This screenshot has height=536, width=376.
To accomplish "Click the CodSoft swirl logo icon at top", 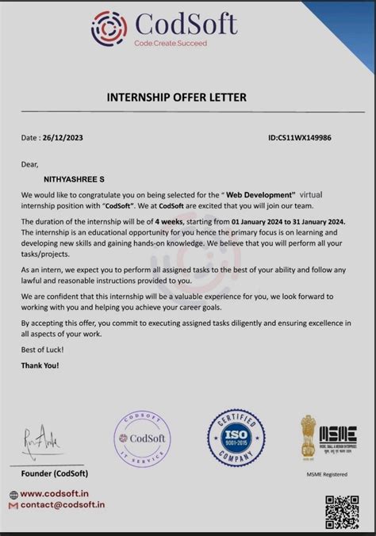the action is tap(109, 28).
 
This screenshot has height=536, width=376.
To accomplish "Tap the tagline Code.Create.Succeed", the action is tap(170, 44).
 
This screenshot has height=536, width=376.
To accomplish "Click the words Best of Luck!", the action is tap(43, 350).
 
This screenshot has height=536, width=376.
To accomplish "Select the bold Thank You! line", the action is tap(40, 366).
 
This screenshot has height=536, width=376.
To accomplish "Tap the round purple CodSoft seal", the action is tap(142, 439).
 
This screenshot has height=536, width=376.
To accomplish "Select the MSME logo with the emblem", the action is tap(328, 438).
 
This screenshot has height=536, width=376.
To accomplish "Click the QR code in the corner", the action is tap(342, 511).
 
